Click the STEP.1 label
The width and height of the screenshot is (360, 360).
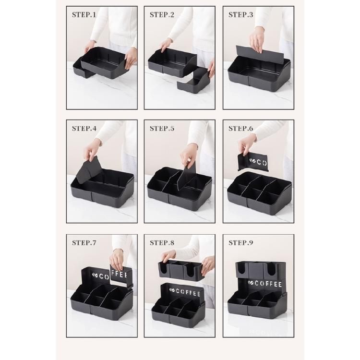pos(84,15)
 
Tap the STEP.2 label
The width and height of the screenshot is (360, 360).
pos(162,15)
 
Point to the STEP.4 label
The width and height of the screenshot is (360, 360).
pos(84,128)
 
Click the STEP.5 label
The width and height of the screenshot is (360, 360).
pos(162,128)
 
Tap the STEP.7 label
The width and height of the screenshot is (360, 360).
pos(84,242)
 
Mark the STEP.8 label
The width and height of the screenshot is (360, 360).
pos(162,242)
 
